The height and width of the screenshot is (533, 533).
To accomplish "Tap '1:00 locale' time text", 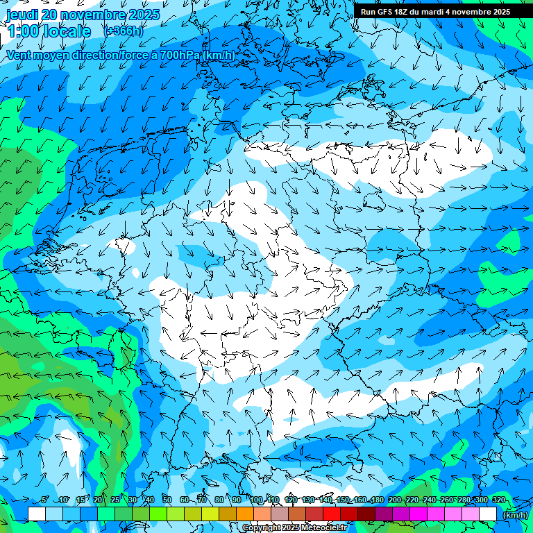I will click(49, 31).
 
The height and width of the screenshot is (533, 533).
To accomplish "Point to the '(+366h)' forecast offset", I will click(123, 31).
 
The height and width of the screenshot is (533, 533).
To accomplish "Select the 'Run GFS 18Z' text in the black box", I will click(389, 12).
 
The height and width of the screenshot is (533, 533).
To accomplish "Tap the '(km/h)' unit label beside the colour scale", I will click(515, 515).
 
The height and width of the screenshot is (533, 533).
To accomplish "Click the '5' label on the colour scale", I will click(45, 500).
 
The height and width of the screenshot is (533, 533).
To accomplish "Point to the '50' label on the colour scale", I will click(167, 500).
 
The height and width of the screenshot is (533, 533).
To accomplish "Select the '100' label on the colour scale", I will click(256, 500).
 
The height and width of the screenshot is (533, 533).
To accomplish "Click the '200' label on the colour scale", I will click(395, 500).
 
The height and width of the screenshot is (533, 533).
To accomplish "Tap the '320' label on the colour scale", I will click(499, 500).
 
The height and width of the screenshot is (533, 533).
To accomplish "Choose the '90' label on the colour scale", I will click(237, 500).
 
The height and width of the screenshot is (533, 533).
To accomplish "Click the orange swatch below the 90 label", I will click(244, 514).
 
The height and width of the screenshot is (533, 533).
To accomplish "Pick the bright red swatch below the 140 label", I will click(331, 514).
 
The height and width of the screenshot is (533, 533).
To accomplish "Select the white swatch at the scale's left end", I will click(36, 514).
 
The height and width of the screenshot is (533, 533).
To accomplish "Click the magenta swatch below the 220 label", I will click(418, 514).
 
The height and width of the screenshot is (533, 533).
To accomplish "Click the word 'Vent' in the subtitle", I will click(19, 55).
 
